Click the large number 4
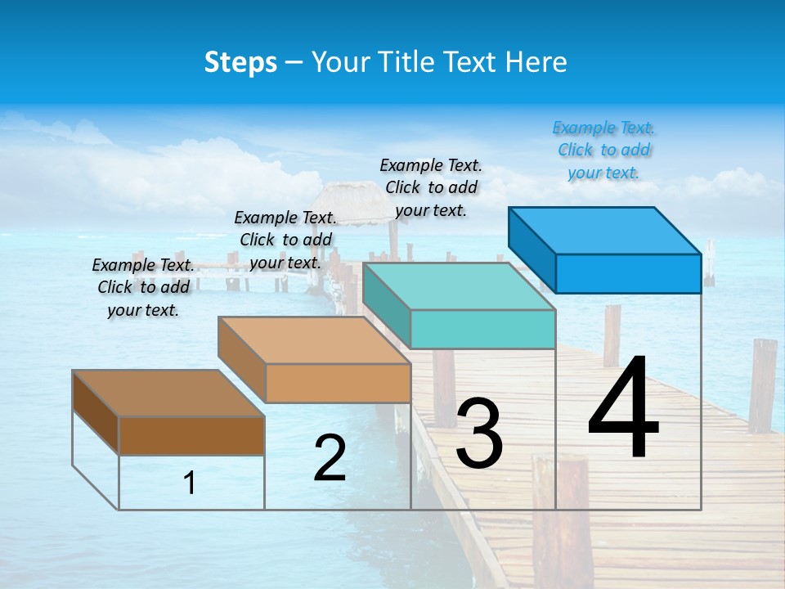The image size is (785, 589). [x=623, y=409]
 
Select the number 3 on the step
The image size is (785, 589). [x=479, y=434]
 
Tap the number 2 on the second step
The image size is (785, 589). [x=330, y=458]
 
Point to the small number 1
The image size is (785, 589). [x=190, y=483]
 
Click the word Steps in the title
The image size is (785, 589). [x=240, y=62]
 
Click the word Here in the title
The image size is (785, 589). [x=536, y=62]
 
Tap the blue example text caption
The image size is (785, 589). [x=603, y=151]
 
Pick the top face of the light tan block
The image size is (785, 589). [x=314, y=340]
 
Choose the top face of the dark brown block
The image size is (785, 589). [x=168, y=393]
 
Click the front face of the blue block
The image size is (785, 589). [x=628, y=273]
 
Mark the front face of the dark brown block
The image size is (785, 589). [x=191, y=435]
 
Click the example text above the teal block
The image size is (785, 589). [x=431, y=188]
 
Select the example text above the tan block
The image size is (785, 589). [x=285, y=241]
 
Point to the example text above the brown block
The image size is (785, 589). [x=143, y=288]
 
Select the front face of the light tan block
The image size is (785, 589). [x=338, y=383]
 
